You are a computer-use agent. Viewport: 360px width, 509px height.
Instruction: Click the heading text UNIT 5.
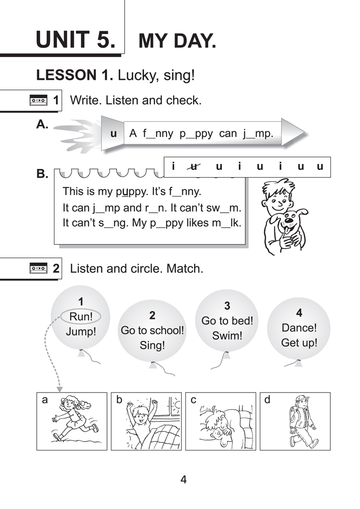tap(76, 40)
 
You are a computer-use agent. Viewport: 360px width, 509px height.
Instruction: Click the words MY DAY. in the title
tap(177, 41)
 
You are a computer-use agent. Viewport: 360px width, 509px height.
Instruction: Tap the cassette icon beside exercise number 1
tap(39, 100)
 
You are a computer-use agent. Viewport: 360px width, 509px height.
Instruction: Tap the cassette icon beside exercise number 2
tap(39, 268)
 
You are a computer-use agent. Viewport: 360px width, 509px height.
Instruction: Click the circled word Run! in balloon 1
tap(81, 317)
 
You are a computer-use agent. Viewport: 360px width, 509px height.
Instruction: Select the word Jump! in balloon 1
tap(81, 332)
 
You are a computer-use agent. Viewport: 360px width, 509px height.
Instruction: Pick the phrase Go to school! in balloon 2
tap(152, 330)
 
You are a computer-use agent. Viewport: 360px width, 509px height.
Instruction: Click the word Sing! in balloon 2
tap(152, 346)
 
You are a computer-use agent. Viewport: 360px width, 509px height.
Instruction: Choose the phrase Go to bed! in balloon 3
tap(227, 321)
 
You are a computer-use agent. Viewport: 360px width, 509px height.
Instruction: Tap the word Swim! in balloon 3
tap(227, 336)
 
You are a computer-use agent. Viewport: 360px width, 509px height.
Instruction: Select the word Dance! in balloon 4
tap(299, 328)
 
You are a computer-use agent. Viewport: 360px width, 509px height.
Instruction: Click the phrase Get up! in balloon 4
tap(299, 343)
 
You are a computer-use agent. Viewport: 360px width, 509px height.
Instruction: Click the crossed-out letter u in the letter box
tap(193, 166)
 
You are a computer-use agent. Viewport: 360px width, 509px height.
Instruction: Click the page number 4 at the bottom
tap(183, 479)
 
